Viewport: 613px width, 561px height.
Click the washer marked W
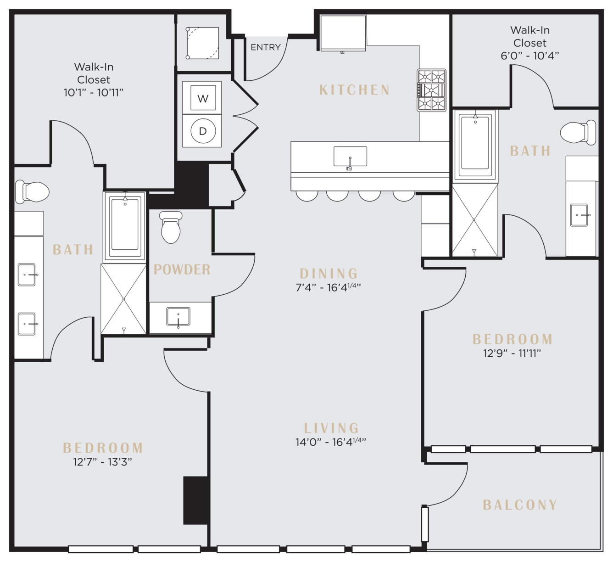point(202,98)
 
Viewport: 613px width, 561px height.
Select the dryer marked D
point(202,131)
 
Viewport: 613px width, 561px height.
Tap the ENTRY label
point(266,47)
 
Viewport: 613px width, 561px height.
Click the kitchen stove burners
point(431,90)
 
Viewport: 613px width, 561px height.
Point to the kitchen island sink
point(350,157)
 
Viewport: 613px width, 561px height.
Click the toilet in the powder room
point(171,227)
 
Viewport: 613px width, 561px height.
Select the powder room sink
point(178,317)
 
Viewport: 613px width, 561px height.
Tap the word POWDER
point(182,269)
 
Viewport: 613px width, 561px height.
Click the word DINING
point(329,274)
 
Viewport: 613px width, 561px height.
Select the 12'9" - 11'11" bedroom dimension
point(512,353)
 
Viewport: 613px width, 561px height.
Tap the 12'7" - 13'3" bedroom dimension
point(103,462)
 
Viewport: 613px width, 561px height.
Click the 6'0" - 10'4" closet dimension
point(530,56)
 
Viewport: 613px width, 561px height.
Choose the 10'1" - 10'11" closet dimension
point(94,92)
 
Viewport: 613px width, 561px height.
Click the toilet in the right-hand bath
point(578,133)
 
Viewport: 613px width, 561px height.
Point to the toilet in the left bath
point(32,192)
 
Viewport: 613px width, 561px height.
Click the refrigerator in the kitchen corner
point(343,33)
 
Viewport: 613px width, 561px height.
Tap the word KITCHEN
point(355,90)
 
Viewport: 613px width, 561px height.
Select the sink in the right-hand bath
point(579,215)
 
